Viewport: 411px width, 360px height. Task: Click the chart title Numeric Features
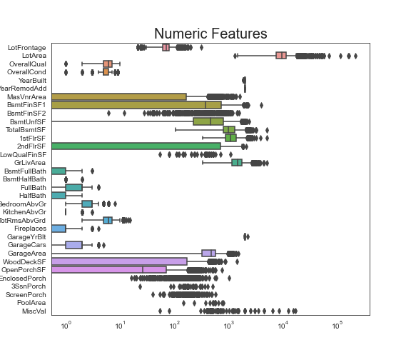point(210,34)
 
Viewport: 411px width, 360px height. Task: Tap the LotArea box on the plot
point(281,56)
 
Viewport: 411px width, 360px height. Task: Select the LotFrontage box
point(166,47)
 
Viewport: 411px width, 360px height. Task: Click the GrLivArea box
point(237,163)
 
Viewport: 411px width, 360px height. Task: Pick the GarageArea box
point(208,253)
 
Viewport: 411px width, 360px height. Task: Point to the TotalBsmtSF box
point(229,130)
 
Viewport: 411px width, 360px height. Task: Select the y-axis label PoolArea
point(31,303)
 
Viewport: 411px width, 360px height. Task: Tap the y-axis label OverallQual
point(27,64)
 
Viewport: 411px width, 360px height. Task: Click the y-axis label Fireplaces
point(30,229)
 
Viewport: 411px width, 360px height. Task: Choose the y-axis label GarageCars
point(28,245)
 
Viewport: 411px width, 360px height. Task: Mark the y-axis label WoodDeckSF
point(27,261)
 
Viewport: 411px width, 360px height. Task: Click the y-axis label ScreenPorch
point(26,294)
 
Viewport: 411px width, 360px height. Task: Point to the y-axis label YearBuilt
point(31,80)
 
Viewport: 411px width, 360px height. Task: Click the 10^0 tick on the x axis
point(66,326)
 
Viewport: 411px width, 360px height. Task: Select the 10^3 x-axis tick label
point(228,326)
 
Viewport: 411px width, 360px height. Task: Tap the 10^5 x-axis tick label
point(337,326)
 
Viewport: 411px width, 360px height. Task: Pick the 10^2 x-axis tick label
point(174,326)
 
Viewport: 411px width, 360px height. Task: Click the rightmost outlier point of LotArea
point(355,56)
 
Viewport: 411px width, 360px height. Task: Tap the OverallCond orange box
point(106,72)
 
